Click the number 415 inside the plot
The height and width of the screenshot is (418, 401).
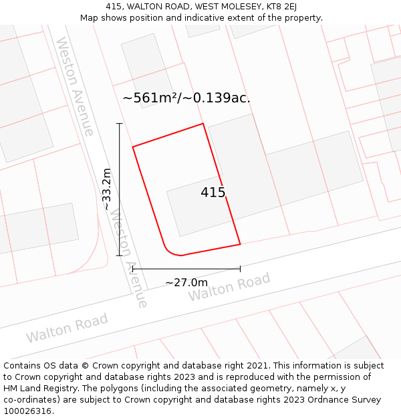213,193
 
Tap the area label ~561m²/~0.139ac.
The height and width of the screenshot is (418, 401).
186,98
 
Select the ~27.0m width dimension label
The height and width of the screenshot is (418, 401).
186,282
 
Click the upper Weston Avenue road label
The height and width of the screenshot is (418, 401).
74,86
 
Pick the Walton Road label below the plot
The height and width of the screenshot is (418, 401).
229,287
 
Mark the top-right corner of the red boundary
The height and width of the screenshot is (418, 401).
203,124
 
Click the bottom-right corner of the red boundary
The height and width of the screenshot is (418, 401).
240,244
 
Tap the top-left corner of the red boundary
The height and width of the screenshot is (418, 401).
133,146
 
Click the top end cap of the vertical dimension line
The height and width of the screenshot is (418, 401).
120,124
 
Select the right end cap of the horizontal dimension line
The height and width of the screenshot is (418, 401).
240,269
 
